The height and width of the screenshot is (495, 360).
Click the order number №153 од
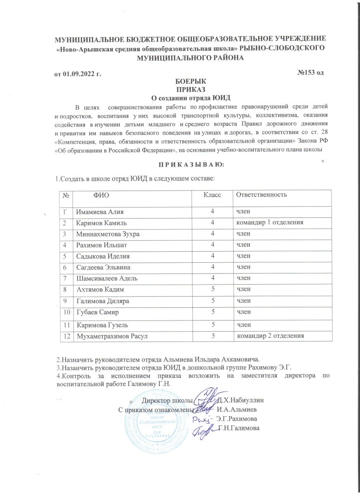(x=310, y=73)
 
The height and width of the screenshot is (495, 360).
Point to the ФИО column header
(x=102, y=194)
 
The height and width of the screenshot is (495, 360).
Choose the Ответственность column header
(x=261, y=194)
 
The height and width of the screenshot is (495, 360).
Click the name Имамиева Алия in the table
(x=100, y=212)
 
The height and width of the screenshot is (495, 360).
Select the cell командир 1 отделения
(x=270, y=222)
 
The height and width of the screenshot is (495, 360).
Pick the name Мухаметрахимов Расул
(x=113, y=336)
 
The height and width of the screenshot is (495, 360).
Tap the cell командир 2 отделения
(x=270, y=336)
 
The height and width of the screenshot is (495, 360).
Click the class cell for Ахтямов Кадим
(x=213, y=290)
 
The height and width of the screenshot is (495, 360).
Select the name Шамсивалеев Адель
(x=108, y=279)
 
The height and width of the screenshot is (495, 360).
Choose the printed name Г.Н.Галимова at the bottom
(x=239, y=429)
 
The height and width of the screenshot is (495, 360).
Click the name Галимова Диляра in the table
(x=103, y=302)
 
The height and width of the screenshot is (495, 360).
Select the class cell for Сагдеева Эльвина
(x=213, y=267)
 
